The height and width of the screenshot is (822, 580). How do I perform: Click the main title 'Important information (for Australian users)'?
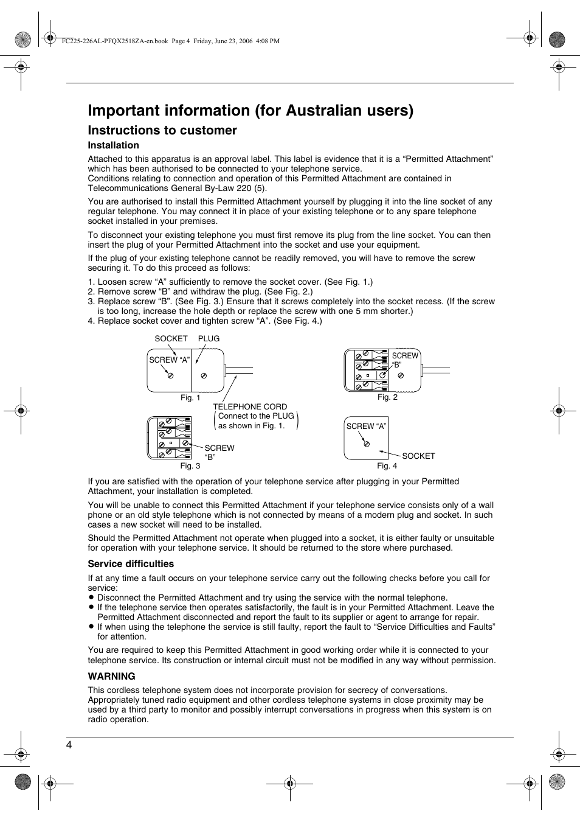(250, 110)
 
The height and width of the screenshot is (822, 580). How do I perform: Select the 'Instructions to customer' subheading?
(162, 130)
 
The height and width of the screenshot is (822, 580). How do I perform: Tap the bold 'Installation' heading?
(113, 145)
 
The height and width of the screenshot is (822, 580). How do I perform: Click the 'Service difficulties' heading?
(131, 564)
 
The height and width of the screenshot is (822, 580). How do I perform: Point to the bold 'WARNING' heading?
(111, 677)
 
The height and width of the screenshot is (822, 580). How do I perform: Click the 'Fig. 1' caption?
(190, 398)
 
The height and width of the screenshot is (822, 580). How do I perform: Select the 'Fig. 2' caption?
(387, 397)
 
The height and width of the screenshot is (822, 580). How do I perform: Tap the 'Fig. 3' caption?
(190, 466)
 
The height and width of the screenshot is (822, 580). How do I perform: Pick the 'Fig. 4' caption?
(387, 466)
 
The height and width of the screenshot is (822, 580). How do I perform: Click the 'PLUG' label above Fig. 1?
(209, 339)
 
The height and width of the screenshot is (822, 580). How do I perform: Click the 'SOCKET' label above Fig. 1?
(171, 339)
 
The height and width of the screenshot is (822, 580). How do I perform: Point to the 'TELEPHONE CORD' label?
(250, 407)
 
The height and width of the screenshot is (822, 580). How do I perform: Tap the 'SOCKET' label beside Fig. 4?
(418, 456)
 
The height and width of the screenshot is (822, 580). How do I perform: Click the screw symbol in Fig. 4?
(367, 444)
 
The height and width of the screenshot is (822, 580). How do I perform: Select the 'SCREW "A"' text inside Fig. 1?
(170, 360)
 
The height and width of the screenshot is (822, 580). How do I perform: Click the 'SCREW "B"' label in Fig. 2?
(404, 360)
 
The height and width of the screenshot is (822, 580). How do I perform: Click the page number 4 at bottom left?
(69, 745)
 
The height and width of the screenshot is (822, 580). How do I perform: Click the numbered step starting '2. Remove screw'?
(200, 292)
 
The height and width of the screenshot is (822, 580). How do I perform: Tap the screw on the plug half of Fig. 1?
(204, 376)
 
